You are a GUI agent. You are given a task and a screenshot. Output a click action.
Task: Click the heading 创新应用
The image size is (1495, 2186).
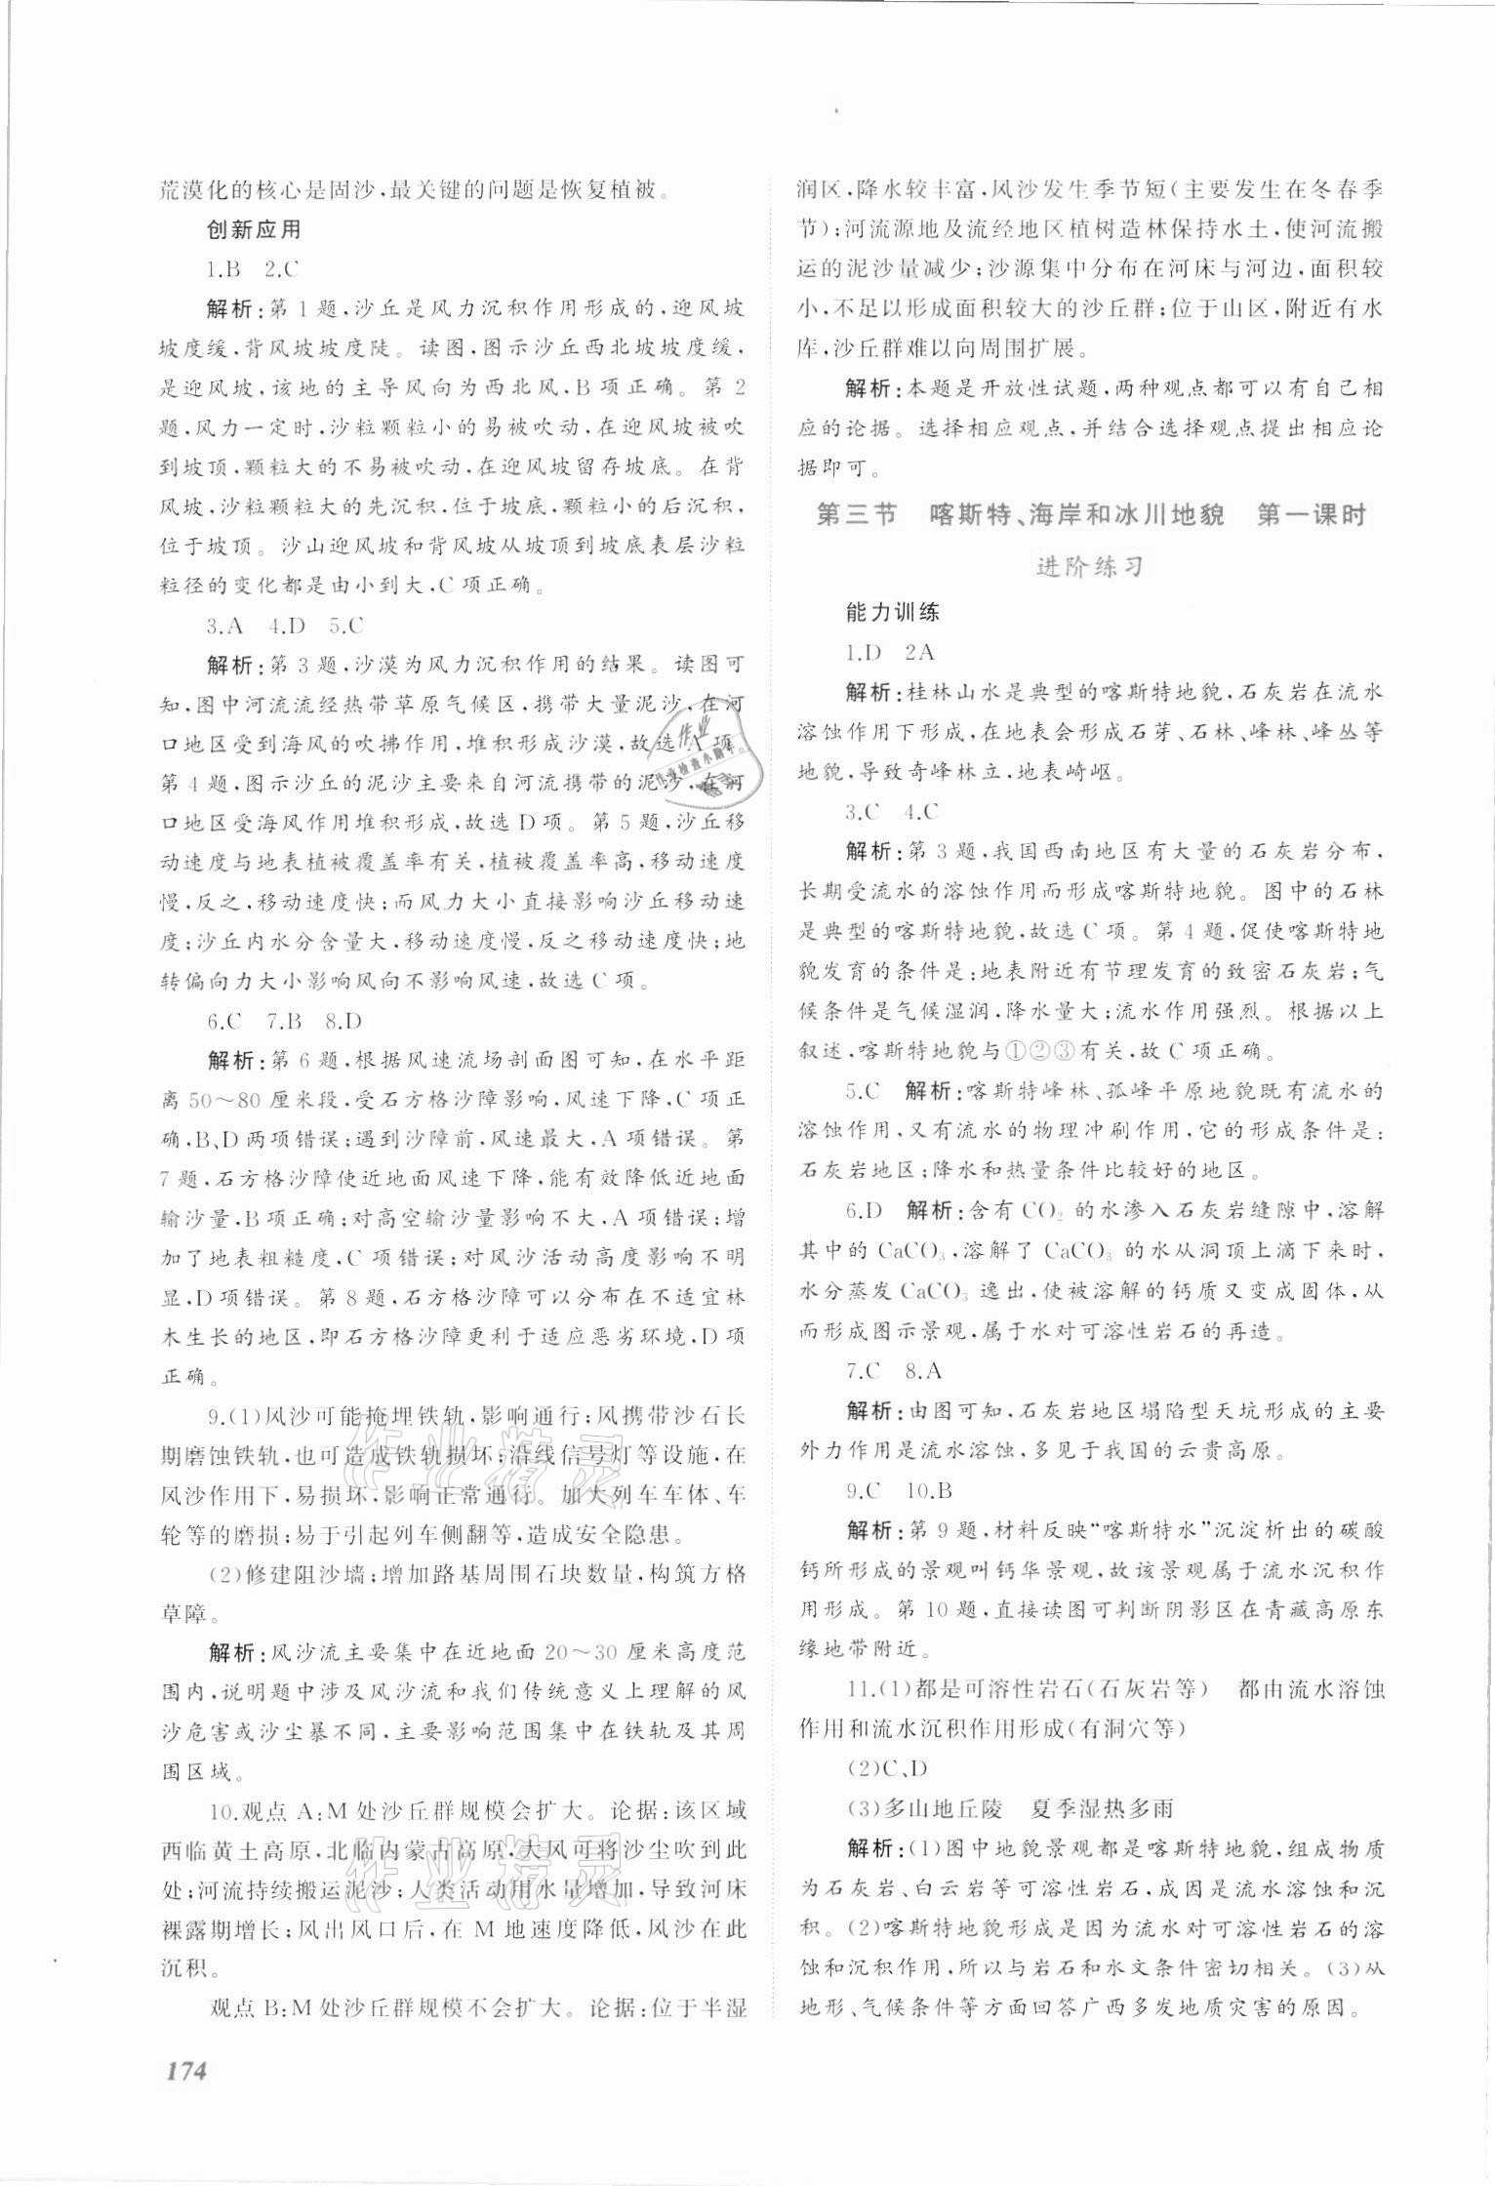[x=254, y=231]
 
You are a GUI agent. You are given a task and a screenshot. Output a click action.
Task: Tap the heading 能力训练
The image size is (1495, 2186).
[x=892, y=613]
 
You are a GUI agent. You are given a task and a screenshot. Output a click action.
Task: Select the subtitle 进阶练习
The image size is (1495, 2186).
[x=1089, y=567]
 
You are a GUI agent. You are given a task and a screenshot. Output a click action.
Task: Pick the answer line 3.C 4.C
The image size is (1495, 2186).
[x=892, y=812]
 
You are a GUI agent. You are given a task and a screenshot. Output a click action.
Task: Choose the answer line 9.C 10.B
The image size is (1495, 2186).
[x=899, y=1491]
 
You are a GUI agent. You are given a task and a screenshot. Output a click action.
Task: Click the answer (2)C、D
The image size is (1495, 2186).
[x=887, y=1768]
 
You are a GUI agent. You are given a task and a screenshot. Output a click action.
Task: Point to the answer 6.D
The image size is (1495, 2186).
[x=865, y=1211]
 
